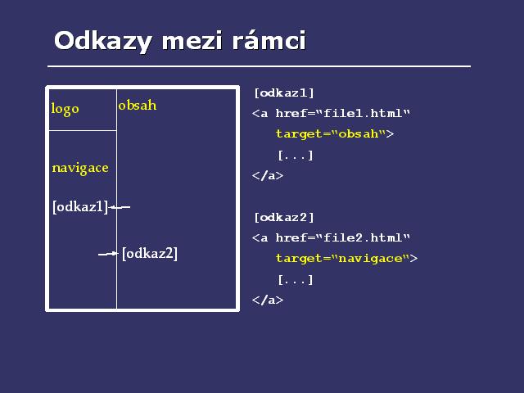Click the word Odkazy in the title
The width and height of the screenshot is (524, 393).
(x=103, y=41)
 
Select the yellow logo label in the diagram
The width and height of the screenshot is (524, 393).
(x=65, y=109)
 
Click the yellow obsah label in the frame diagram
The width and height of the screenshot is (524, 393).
(x=138, y=106)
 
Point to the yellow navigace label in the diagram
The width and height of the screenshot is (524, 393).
(x=80, y=168)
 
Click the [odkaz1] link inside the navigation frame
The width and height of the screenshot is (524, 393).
(x=80, y=207)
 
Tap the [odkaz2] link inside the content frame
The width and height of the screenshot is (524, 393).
(x=150, y=253)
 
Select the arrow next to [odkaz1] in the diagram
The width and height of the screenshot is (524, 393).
(x=120, y=207)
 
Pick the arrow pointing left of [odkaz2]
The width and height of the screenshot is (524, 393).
(x=108, y=254)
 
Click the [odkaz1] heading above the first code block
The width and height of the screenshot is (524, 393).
(x=284, y=93)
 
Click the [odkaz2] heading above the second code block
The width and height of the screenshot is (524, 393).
(x=284, y=218)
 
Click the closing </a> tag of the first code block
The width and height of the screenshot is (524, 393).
(x=268, y=175)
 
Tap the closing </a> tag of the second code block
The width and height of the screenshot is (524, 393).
(x=268, y=300)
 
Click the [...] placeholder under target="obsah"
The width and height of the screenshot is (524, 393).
(x=296, y=156)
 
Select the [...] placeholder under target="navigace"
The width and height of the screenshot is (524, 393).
(x=296, y=280)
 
